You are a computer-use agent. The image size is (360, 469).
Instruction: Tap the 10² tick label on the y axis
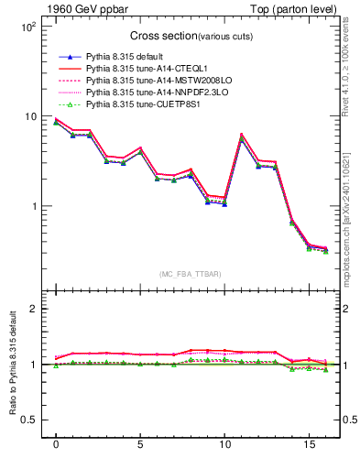coord(27,27)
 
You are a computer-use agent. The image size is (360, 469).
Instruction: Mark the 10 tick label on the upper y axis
coord(29,116)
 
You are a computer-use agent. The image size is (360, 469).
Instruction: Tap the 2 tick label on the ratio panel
coord(32,309)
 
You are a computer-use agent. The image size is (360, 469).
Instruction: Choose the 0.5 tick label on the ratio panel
coord(27,420)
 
